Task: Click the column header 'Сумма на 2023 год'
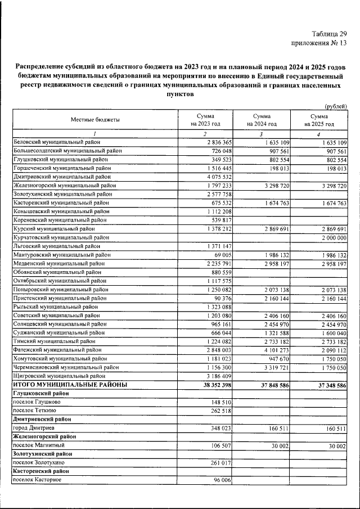tap(205, 119)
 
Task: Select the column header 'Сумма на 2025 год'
tap(319, 119)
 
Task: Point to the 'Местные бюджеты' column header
tap(95, 119)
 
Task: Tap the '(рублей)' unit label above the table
tap(336, 106)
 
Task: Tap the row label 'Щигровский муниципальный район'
tap(58, 375)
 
